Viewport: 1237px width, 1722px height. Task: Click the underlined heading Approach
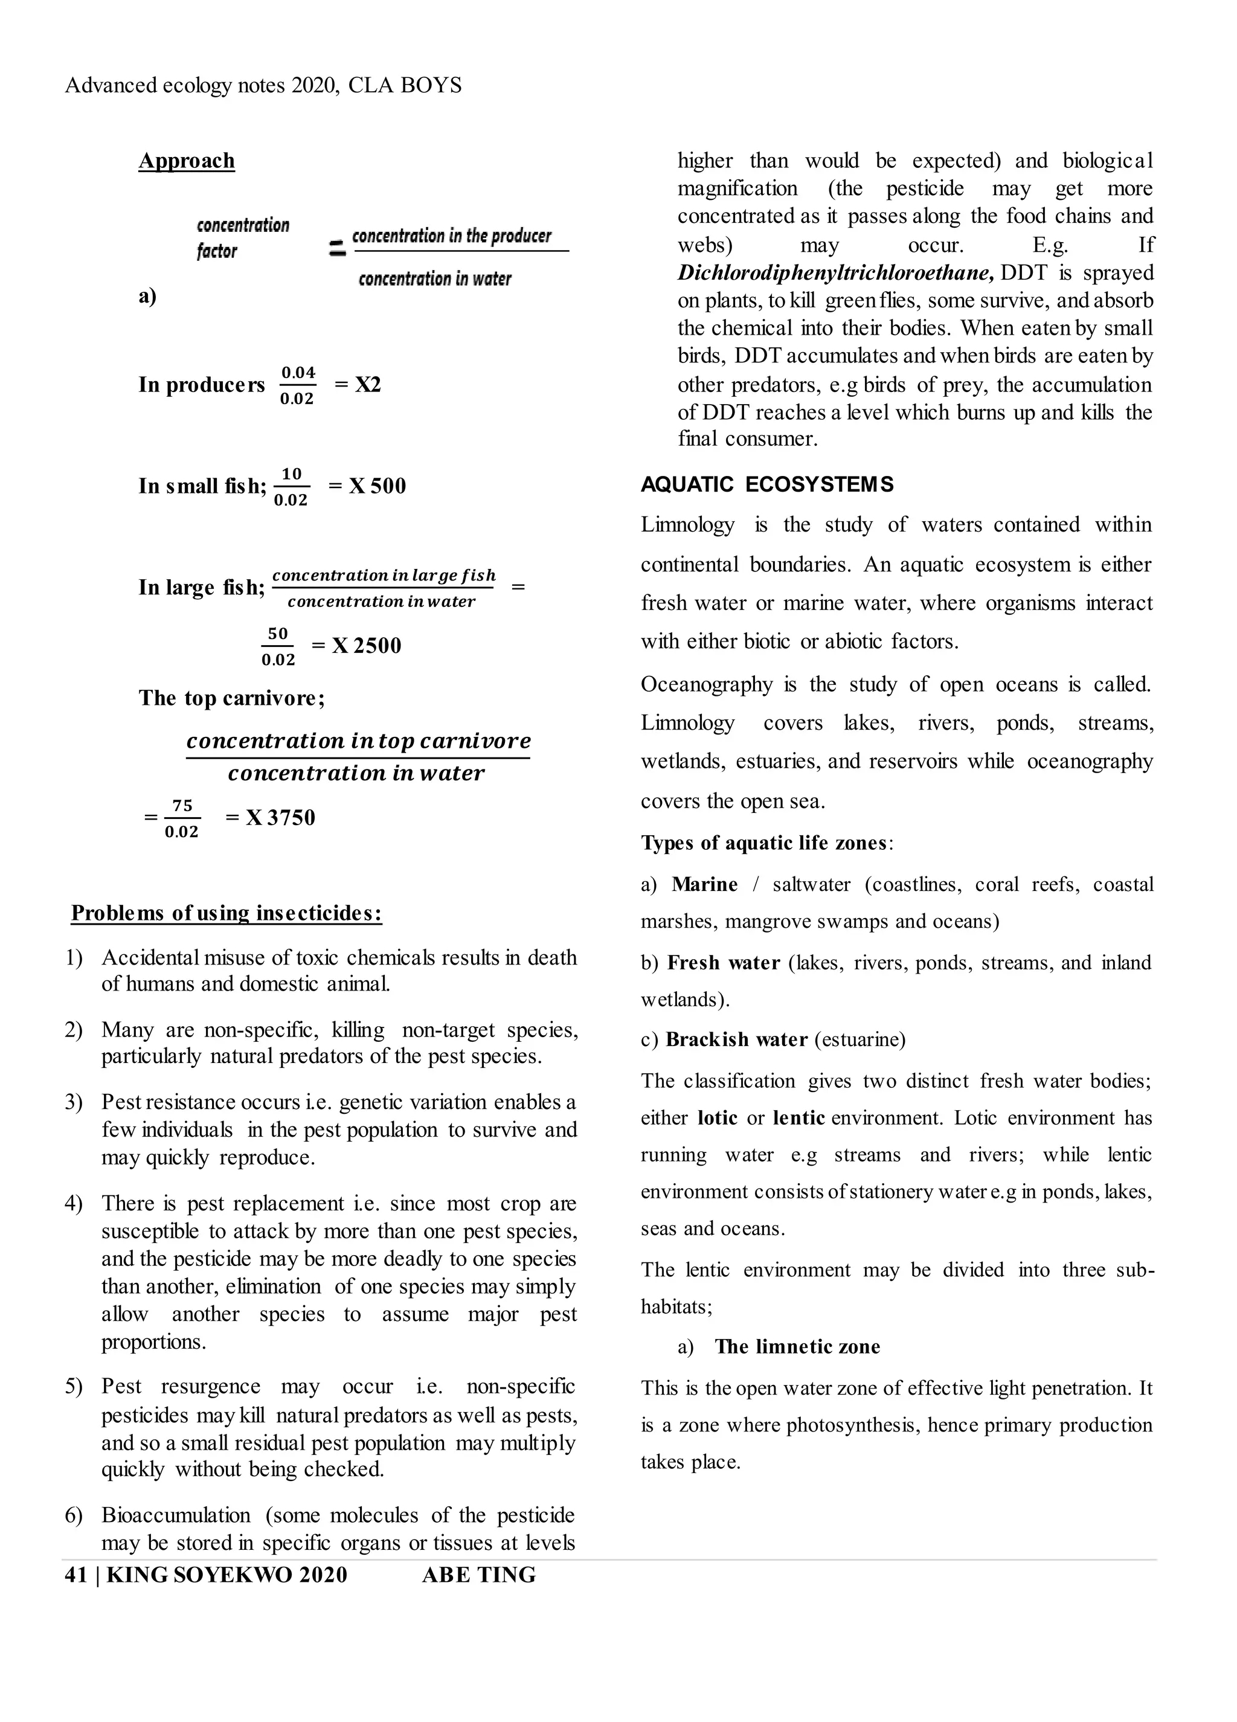pyautogui.click(x=186, y=161)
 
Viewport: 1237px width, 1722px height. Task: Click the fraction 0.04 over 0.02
pyautogui.click(x=298, y=385)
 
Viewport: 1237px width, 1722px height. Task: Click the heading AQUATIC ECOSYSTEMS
pyautogui.click(x=767, y=484)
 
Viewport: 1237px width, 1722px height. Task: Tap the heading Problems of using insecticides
pyautogui.click(x=227, y=913)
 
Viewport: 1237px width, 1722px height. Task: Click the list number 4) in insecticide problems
pyautogui.click(x=74, y=1203)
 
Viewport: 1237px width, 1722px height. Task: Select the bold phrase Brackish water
pyautogui.click(x=736, y=1039)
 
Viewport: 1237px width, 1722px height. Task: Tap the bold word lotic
pyautogui.click(x=717, y=1117)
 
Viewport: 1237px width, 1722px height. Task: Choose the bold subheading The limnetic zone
pyautogui.click(x=797, y=1346)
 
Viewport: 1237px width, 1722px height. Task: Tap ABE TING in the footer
pyautogui.click(x=478, y=1575)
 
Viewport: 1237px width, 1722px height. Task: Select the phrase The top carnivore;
pyautogui.click(x=231, y=698)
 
